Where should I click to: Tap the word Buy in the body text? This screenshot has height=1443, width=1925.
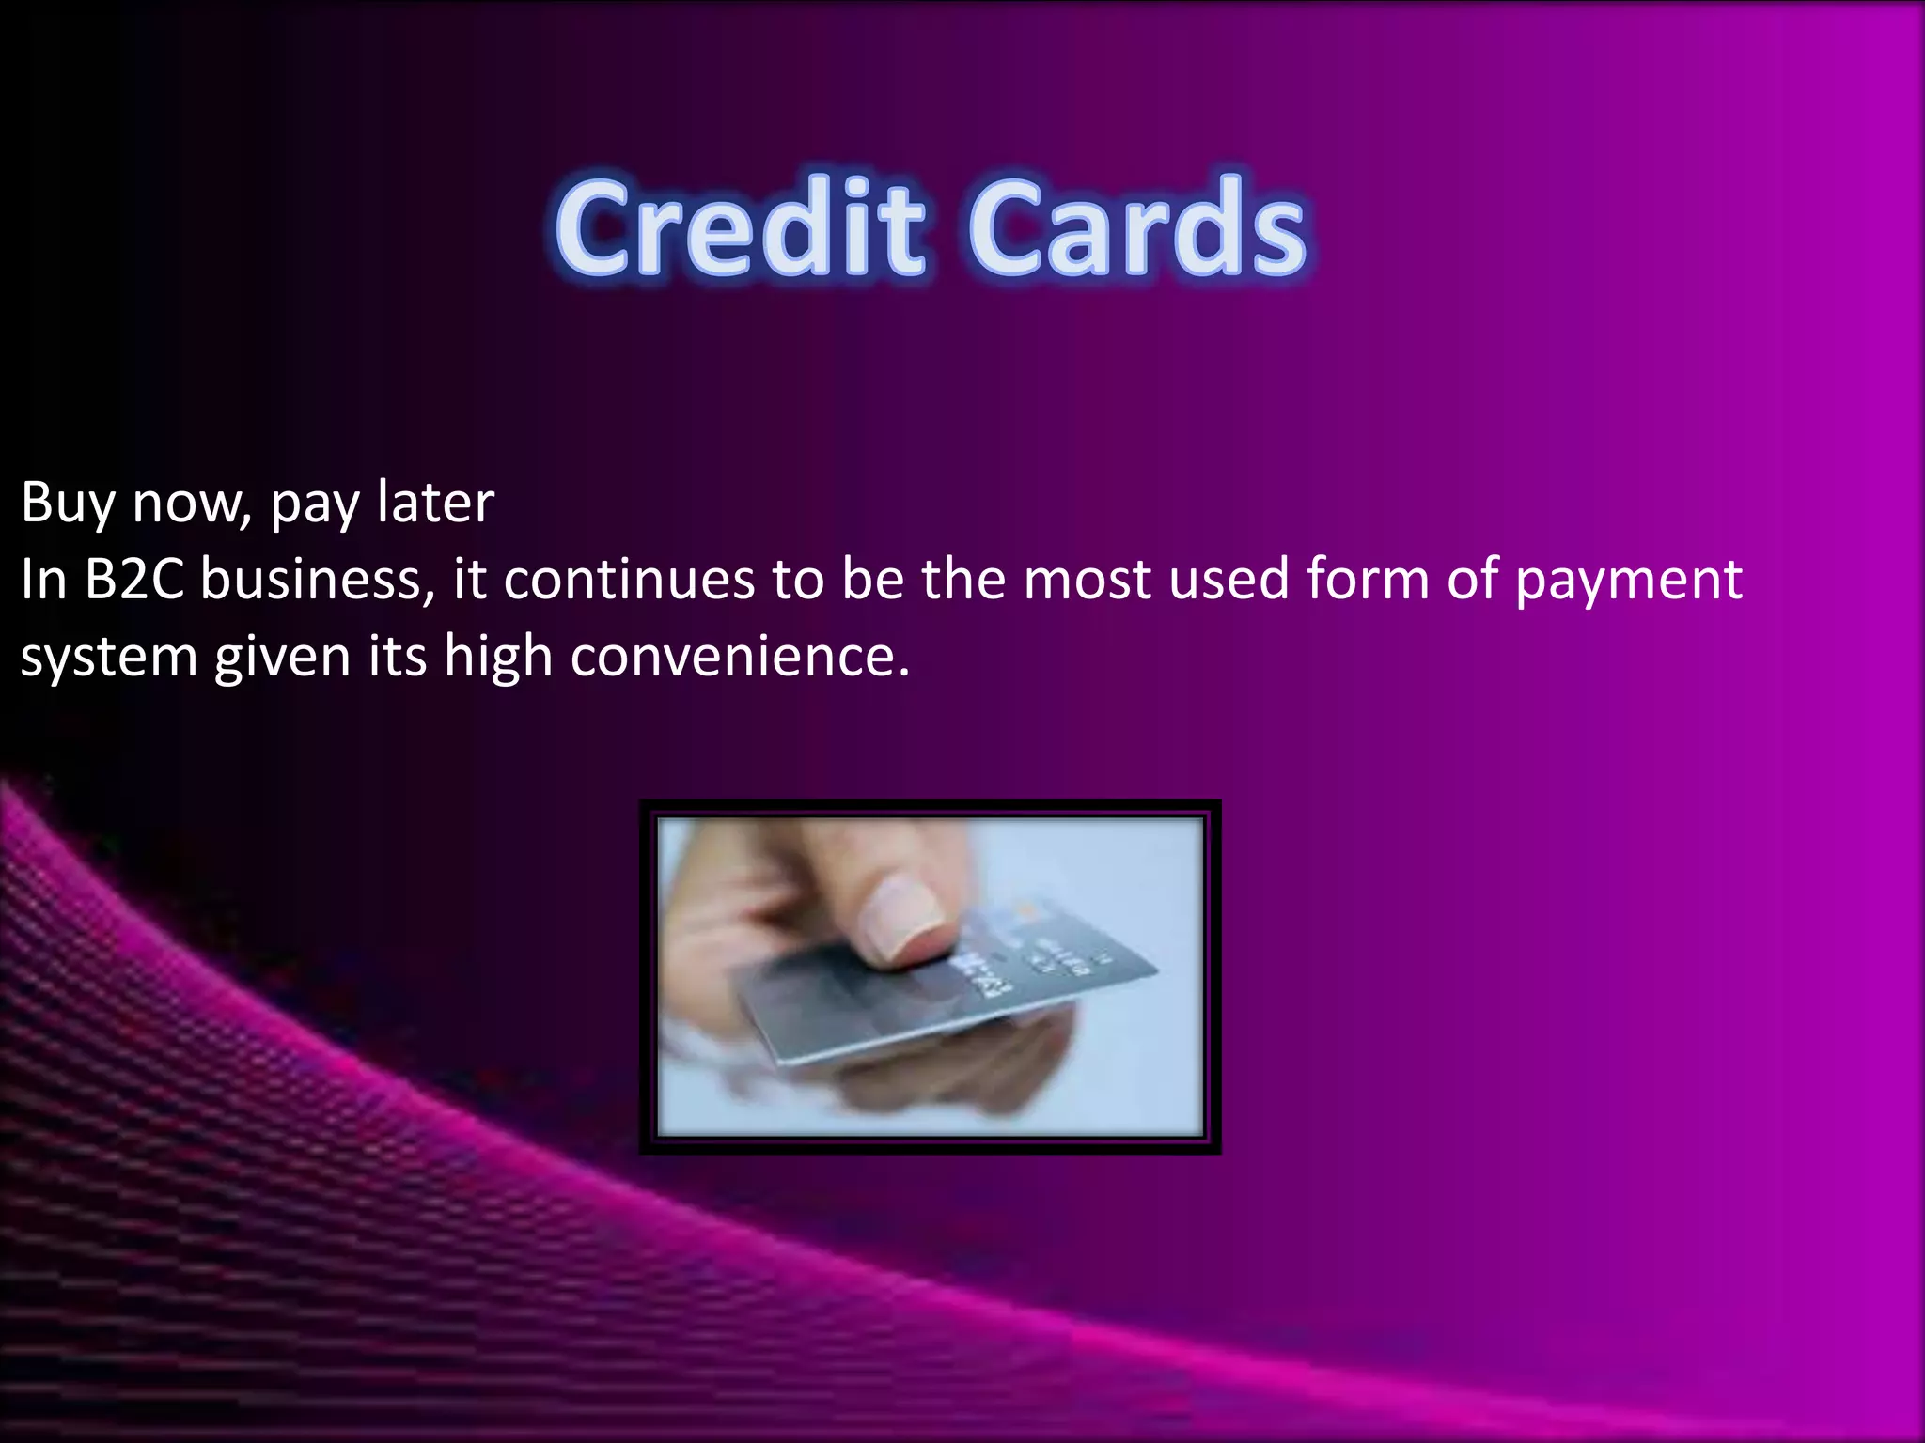66,503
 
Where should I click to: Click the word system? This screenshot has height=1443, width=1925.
108,658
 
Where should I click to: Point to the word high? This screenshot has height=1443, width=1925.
497,658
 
